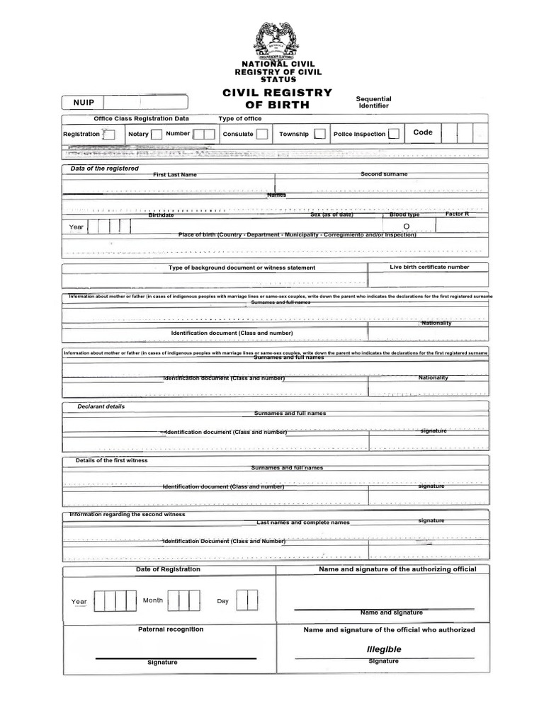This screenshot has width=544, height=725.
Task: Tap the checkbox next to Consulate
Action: point(262,134)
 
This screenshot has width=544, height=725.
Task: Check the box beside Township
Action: point(319,134)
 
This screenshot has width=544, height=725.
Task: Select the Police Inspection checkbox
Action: point(393,134)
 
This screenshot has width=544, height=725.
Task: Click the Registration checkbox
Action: point(109,135)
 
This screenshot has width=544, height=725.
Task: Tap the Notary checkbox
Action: point(157,134)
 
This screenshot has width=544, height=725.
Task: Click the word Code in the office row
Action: point(422,132)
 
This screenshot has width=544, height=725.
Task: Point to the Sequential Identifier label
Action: point(373,103)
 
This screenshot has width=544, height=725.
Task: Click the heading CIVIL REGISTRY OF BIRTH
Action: point(278,98)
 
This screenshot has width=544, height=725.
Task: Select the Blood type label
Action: point(404,215)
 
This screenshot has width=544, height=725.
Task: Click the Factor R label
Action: point(457,214)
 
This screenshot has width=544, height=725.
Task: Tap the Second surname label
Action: point(384,174)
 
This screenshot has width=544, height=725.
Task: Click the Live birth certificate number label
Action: point(429,267)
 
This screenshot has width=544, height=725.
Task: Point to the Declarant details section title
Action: point(101,407)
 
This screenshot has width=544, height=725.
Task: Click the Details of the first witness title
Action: point(111,461)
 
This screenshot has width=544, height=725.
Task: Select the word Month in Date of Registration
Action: point(153,600)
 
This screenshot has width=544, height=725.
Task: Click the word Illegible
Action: point(384,649)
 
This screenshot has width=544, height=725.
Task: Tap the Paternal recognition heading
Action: point(170,629)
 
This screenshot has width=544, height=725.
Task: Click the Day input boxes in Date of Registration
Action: point(246,600)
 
